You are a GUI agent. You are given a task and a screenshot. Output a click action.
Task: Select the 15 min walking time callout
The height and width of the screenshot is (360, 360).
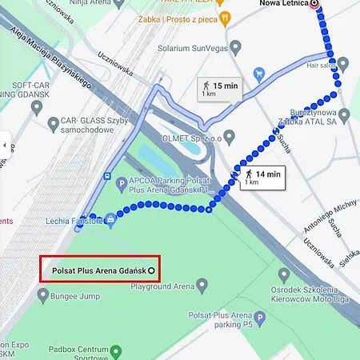pos(220,88)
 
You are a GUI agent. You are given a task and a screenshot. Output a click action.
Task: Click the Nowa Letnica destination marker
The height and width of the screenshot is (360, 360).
pos(314,4)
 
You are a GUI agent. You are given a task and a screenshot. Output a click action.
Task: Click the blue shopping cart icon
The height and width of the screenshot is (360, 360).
pos(259,75)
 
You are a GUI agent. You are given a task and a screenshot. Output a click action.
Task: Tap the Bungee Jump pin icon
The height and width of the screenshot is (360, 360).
pos(42,297)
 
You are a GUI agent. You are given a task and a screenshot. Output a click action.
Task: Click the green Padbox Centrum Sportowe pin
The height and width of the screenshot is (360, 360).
pos(116,350)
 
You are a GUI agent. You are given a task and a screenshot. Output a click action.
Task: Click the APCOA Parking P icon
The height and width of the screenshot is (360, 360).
pos(122,182)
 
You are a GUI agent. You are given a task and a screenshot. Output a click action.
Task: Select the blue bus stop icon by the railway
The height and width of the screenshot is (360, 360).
pos(106,175)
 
